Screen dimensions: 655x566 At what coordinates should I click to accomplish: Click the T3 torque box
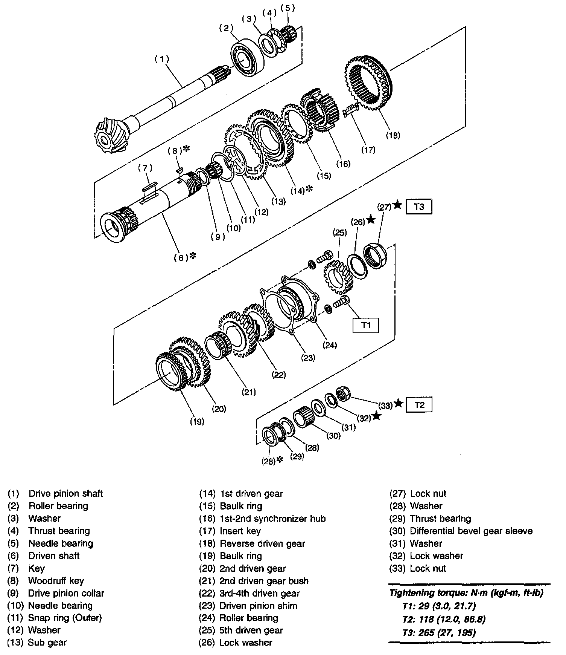[x=419, y=207]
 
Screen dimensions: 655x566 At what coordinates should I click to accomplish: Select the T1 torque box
[x=366, y=325]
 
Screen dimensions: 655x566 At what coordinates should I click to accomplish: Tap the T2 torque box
[x=419, y=405]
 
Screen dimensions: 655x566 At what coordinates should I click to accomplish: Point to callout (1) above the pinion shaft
[x=162, y=59]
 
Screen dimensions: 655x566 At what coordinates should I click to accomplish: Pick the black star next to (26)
[x=371, y=220]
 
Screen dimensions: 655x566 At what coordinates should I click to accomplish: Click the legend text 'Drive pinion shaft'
[x=65, y=494]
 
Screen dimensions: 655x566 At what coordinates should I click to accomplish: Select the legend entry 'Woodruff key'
[x=56, y=581]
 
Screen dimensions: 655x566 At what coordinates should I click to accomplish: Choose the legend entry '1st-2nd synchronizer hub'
[x=272, y=519]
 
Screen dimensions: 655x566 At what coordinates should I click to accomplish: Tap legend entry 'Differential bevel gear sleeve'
[x=471, y=531]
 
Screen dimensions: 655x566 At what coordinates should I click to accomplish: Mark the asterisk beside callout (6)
[x=193, y=256]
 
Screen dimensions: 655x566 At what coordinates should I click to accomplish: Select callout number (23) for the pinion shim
[x=308, y=358]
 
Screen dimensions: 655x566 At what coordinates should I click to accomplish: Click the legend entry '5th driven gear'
[x=251, y=630]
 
